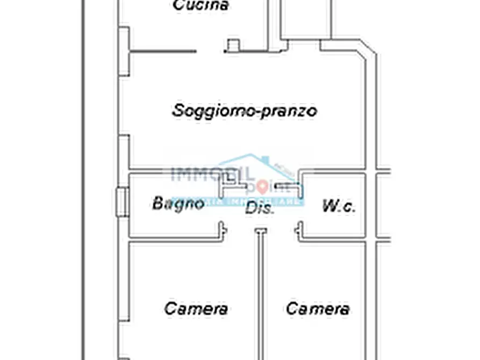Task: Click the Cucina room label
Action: coord(194,5)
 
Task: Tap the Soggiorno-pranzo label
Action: coord(244,111)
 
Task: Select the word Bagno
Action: coord(178,204)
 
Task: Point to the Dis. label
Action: coord(260,208)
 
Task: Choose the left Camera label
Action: coord(196,309)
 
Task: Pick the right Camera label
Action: coord(318,309)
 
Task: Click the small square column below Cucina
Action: coord(233,46)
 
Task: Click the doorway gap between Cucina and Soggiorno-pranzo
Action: coord(210,52)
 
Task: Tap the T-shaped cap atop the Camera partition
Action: coord(261,231)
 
